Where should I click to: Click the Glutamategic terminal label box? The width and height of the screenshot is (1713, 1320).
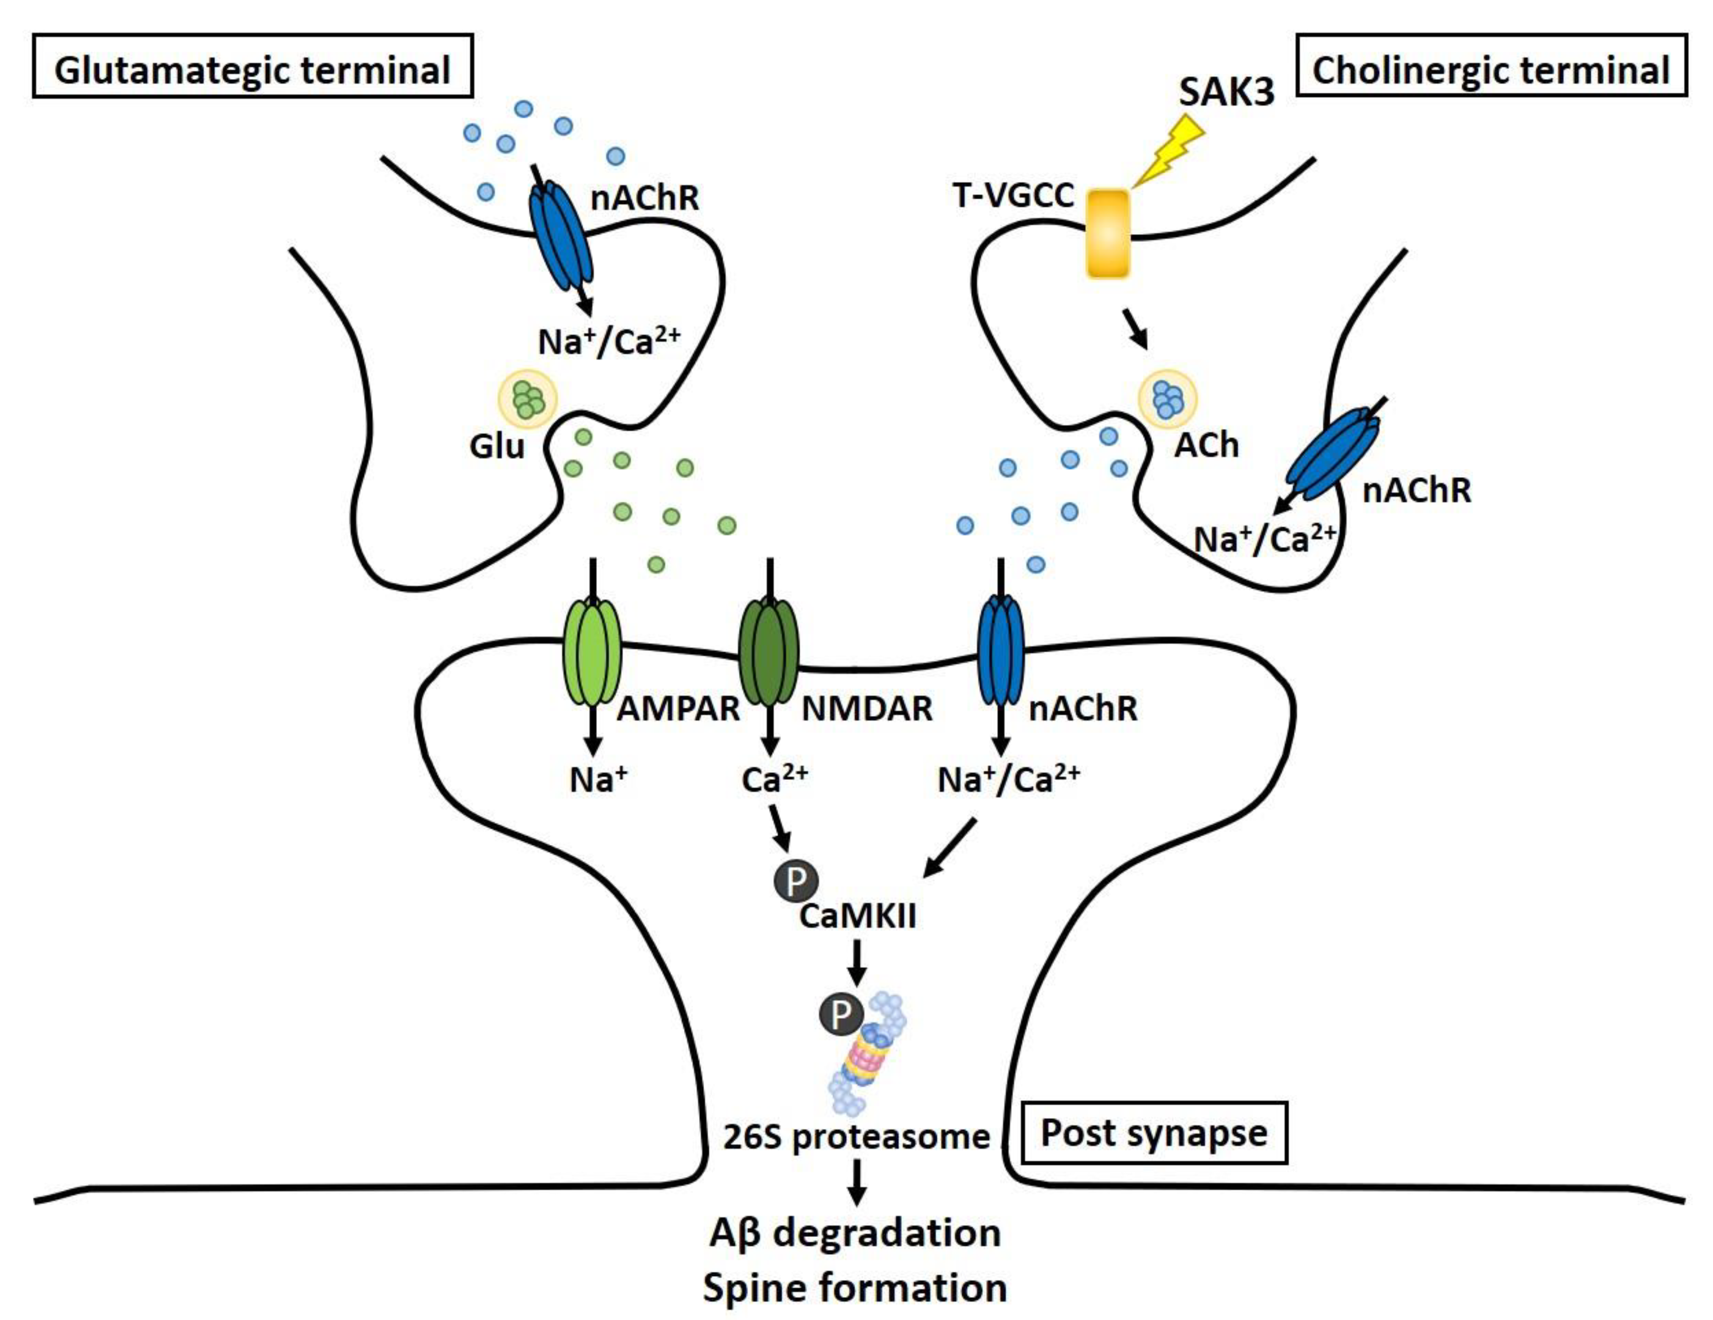(253, 66)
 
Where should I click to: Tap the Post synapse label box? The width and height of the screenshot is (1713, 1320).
(1154, 1132)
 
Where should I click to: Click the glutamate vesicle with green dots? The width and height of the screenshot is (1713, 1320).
(528, 399)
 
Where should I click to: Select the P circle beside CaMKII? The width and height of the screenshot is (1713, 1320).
(795, 882)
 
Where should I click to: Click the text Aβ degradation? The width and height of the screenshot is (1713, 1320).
(855, 1232)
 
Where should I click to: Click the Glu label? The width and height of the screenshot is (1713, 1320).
(497, 446)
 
